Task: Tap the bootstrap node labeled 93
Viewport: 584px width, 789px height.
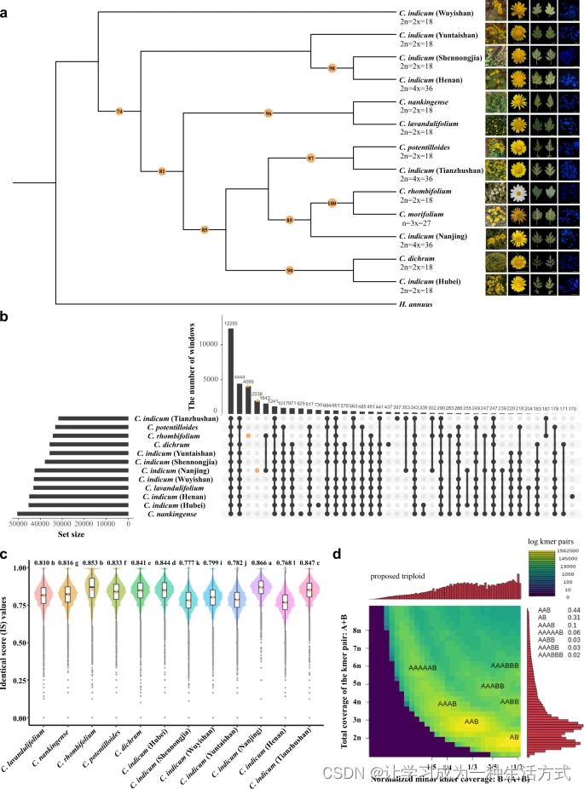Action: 290,271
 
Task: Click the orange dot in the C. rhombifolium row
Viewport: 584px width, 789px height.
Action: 247,435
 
